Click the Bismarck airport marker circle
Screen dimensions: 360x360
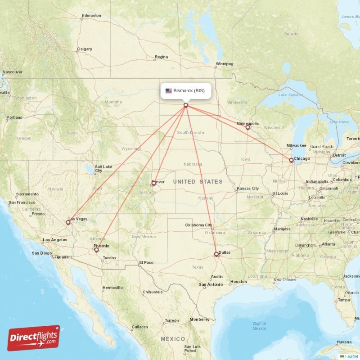point(185,105)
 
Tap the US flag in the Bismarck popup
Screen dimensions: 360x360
point(169,91)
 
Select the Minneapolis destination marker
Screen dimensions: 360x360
point(247,128)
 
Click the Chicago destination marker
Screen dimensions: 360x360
point(291,160)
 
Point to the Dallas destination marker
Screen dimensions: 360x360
point(216,254)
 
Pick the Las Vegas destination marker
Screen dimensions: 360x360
point(68,222)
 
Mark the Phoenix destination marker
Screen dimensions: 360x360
point(96,250)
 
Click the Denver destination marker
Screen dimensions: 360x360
point(153,183)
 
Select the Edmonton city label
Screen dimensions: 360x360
point(91,16)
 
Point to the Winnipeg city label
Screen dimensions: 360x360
point(224,64)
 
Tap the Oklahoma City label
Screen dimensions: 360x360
point(198,225)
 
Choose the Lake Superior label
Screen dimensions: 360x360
point(290,95)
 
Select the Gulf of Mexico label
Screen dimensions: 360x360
point(259,326)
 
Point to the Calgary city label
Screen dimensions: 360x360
point(85,49)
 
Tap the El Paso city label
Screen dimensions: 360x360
point(147,262)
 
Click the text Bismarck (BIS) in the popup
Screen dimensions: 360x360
point(189,91)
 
